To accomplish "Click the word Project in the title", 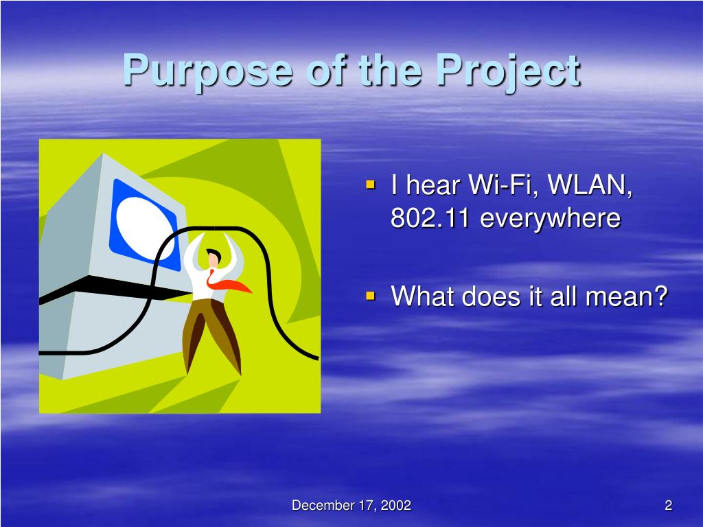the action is (x=509, y=71).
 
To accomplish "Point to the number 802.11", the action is (x=430, y=218).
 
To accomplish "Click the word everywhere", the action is (x=551, y=219).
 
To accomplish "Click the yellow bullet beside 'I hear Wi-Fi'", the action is (x=370, y=184).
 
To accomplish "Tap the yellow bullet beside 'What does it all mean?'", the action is (x=370, y=295).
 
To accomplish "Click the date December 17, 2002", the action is (x=351, y=505).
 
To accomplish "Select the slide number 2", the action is (x=669, y=505).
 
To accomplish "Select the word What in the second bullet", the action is (x=422, y=296).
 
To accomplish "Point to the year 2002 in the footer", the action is (x=396, y=505).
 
